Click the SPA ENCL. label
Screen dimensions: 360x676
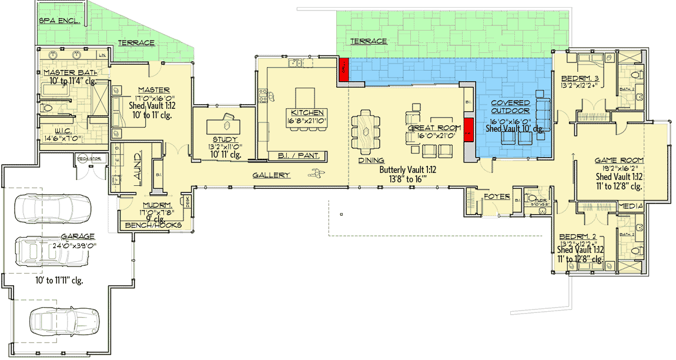click(x=59, y=21)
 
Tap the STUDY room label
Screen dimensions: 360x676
click(x=221, y=139)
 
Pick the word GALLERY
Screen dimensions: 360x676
click(x=272, y=175)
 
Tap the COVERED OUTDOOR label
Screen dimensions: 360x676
click(x=510, y=107)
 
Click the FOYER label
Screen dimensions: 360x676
click(x=497, y=196)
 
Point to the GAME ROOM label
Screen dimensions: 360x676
click(x=619, y=160)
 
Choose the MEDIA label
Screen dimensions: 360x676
click(x=631, y=206)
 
